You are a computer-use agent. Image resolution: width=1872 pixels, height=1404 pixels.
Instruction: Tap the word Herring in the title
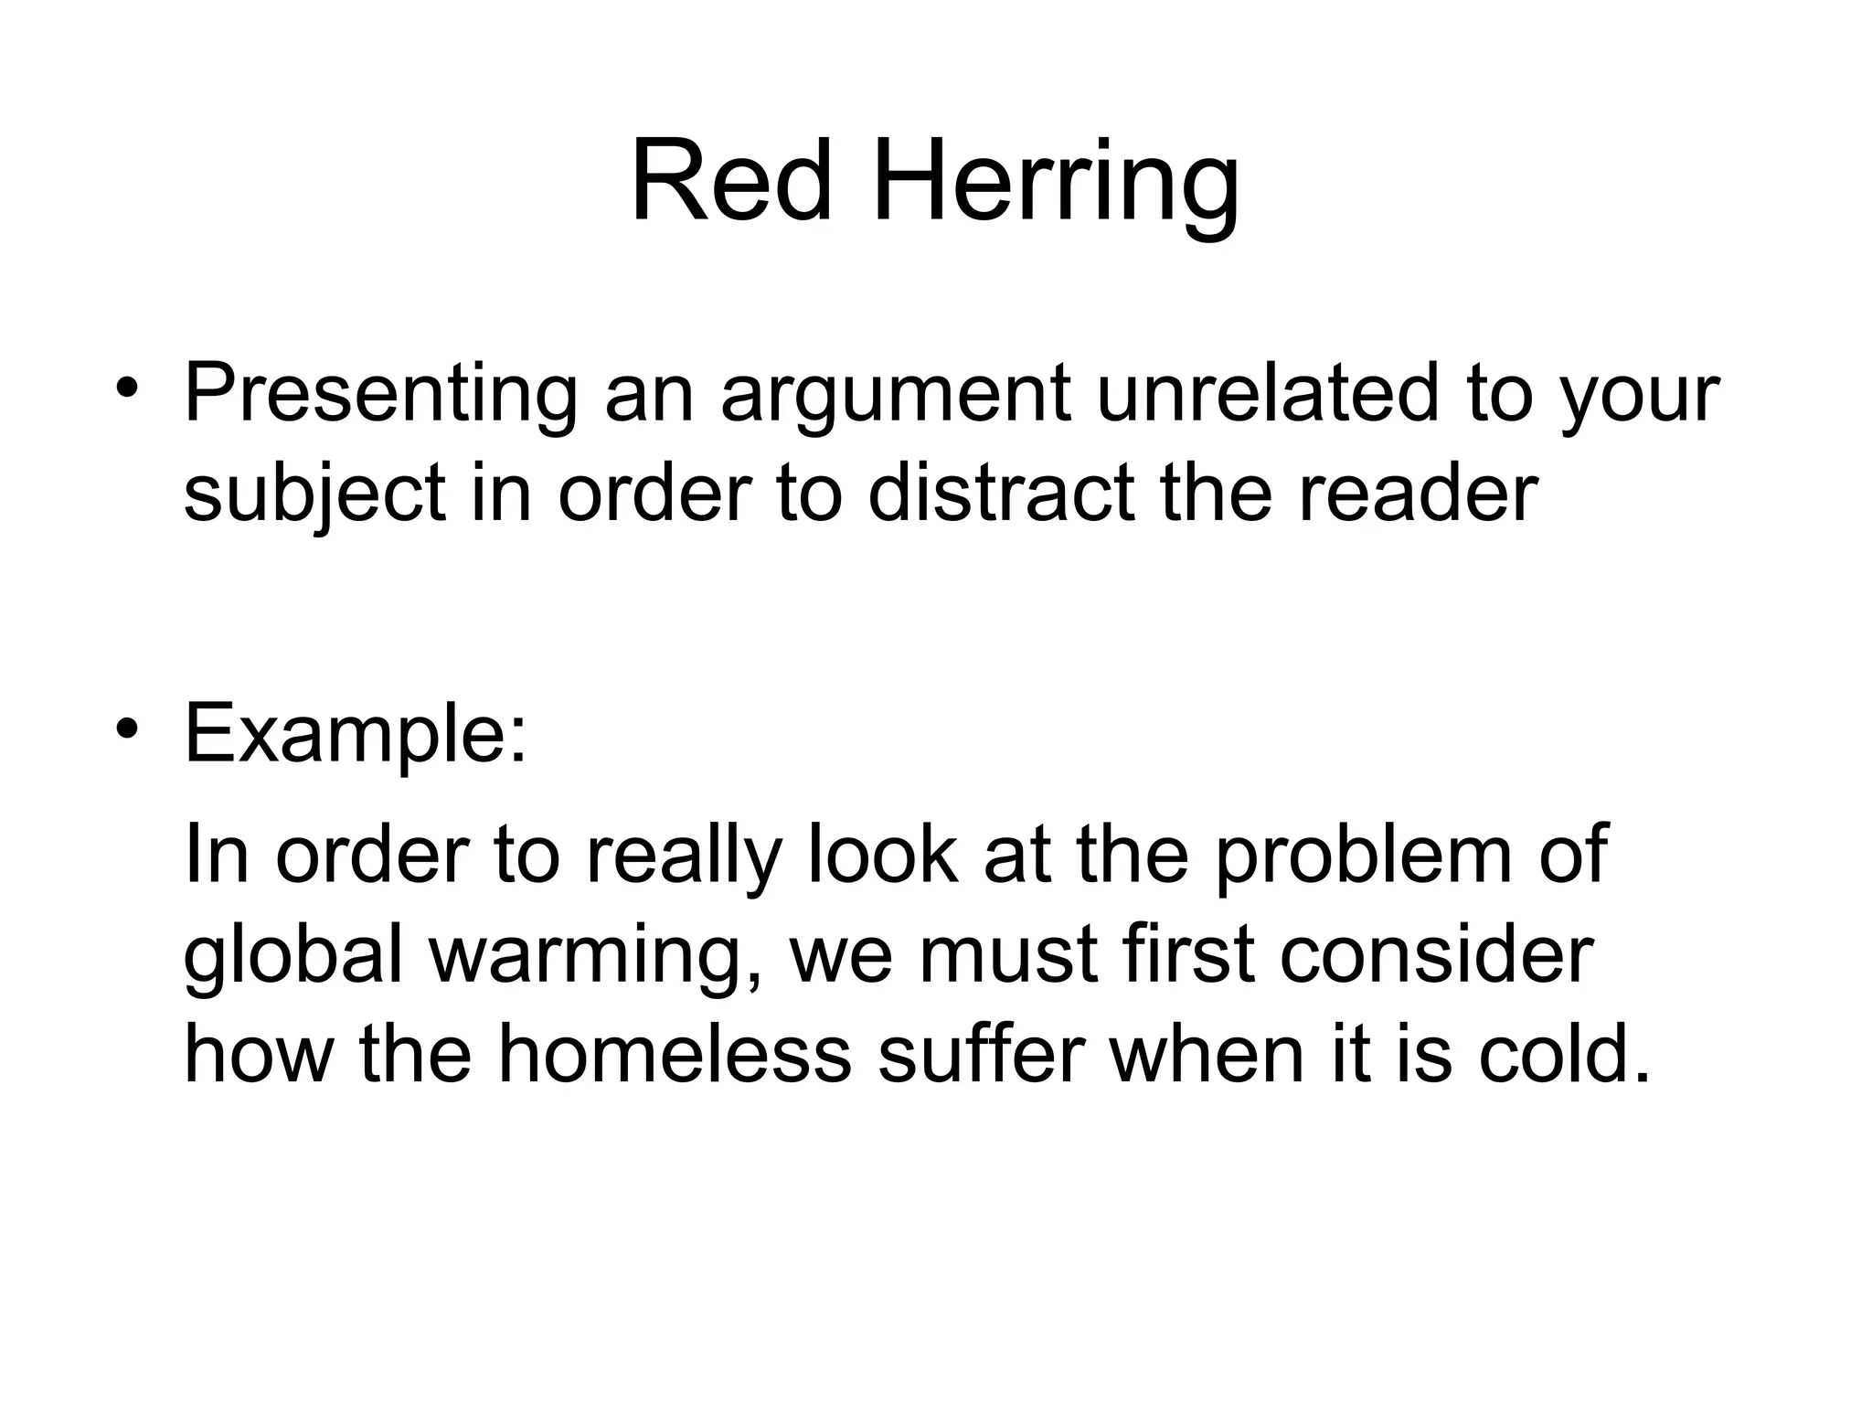(1056, 187)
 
